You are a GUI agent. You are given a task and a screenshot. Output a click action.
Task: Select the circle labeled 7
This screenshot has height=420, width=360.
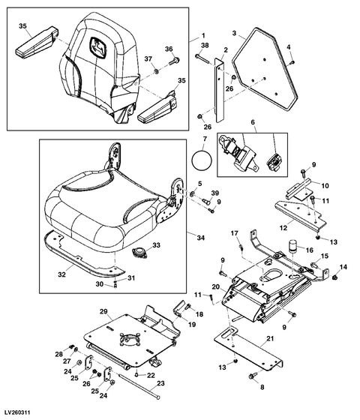[x=202, y=160]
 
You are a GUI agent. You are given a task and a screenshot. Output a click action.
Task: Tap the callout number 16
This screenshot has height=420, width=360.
[x=309, y=250]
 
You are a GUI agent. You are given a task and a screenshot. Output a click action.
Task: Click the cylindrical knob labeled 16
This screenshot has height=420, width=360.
[x=293, y=246]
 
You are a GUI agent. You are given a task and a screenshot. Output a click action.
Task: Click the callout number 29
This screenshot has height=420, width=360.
[x=103, y=311]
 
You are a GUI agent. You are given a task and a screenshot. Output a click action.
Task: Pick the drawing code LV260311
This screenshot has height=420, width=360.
[x=16, y=412]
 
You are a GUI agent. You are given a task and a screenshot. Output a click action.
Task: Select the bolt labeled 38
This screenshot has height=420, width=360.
[x=202, y=59]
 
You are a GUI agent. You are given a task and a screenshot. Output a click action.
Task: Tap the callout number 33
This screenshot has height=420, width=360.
[x=157, y=245]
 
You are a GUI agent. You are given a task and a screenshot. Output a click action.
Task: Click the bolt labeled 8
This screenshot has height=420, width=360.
[x=253, y=376]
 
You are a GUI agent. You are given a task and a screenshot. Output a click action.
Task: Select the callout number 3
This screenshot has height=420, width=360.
[x=234, y=33]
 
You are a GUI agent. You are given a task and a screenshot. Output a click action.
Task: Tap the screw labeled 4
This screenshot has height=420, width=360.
[x=292, y=62]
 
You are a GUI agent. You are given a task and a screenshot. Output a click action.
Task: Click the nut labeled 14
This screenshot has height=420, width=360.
[x=334, y=277]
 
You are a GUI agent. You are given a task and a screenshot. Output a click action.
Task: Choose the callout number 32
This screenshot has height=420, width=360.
[x=61, y=274]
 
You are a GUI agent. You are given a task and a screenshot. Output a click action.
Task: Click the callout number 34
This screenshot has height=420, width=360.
[x=200, y=238]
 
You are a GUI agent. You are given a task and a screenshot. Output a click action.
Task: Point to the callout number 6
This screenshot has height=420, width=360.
[x=253, y=122]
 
